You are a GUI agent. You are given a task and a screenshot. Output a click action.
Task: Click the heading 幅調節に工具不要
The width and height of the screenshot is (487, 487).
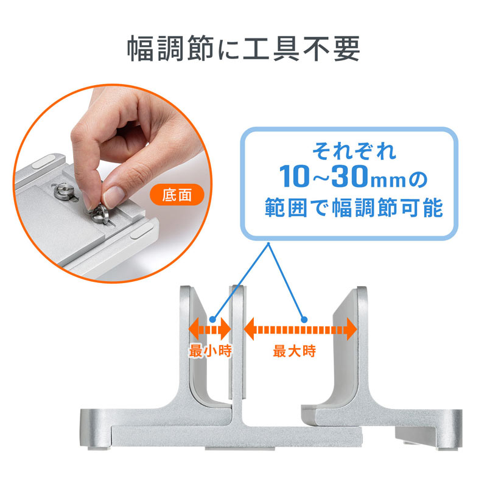click(243, 48)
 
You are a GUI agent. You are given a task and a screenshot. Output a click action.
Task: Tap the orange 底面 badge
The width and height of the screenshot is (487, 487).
click(177, 195)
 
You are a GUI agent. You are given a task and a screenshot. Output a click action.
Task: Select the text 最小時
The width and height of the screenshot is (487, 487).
click(210, 351)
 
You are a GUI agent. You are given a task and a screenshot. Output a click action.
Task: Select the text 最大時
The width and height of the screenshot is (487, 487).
click(295, 351)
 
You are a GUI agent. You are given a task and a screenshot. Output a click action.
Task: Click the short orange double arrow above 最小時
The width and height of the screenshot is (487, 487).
click(210, 329)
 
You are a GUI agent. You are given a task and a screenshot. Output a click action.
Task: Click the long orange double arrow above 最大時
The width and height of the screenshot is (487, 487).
click(300, 329)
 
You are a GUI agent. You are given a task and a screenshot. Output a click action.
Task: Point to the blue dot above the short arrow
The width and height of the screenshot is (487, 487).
click(212, 319)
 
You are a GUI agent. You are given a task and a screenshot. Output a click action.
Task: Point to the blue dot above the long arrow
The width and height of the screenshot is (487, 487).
click(304, 319)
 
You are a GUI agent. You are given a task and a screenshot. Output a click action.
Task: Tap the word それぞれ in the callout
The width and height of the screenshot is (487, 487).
click(354, 151)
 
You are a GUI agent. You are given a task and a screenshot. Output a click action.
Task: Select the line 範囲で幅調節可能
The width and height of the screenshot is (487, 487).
click(354, 208)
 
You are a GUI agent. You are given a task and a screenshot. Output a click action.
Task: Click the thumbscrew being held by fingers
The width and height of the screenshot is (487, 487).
click(99, 215)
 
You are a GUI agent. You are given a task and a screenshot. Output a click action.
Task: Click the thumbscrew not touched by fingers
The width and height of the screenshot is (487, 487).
click(65, 192)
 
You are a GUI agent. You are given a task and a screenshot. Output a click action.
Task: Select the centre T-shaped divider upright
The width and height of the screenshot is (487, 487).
click(238, 357)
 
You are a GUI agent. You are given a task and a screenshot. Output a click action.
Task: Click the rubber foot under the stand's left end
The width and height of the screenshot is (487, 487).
click(99, 448)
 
